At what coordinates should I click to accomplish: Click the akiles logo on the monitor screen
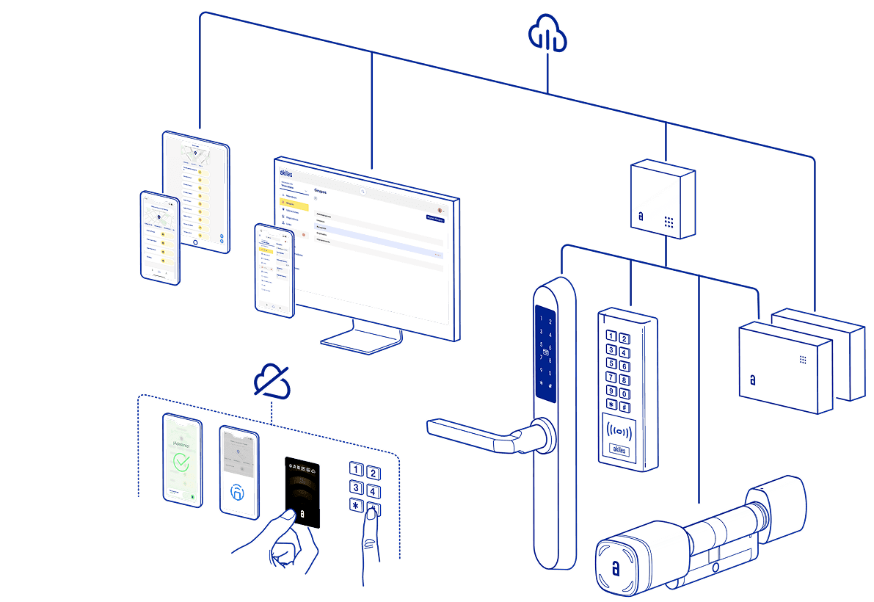[286, 173]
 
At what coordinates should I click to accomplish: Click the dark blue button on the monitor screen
[435, 218]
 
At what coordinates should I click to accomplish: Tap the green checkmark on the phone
[181, 463]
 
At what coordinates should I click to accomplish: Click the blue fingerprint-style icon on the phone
[238, 493]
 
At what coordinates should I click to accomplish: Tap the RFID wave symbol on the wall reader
[620, 430]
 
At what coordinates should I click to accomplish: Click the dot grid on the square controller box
[669, 221]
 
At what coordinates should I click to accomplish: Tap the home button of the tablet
[196, 242]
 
